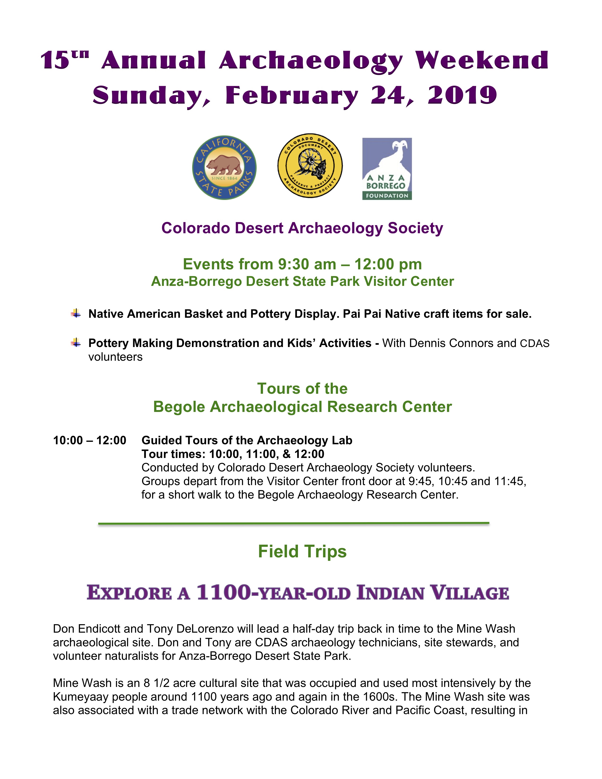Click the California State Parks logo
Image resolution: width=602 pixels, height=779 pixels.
(x=224, y=167)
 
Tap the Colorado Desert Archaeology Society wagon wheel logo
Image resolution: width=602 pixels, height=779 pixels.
(x=310, y=166)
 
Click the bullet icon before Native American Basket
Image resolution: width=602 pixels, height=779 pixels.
(x=76, y=313)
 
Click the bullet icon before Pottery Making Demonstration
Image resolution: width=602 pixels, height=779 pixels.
(x=76, y=343)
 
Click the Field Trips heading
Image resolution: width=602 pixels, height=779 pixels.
(x=302, y=551)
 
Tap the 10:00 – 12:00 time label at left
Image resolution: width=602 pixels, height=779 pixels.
(x=89, y=440)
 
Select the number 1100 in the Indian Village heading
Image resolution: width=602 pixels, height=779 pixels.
(x=224, y=593)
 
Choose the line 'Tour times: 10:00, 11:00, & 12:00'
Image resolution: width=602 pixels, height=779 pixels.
(x=233, y=454)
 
